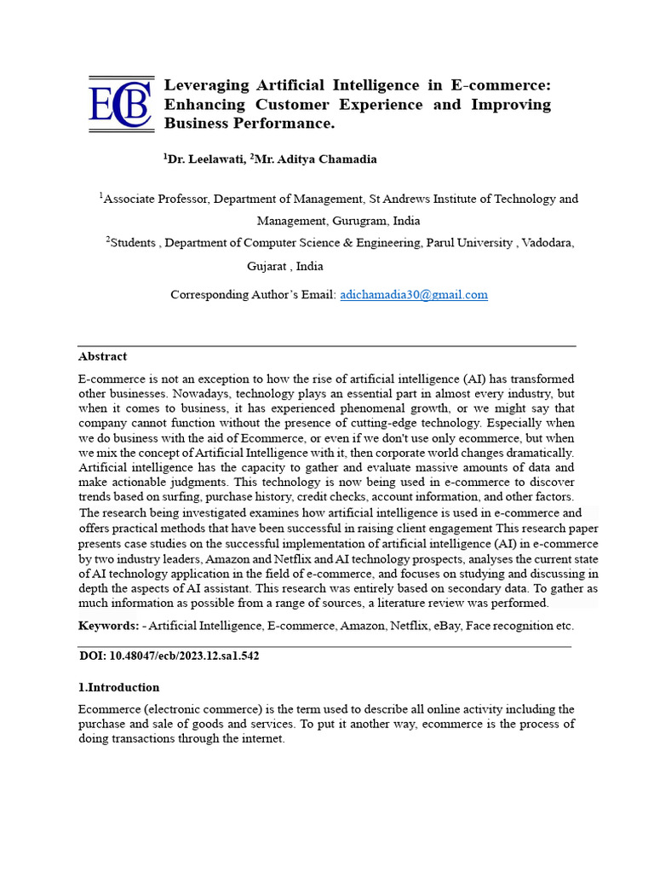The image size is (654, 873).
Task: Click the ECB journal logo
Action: coord(120,104)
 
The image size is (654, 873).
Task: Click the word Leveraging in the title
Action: coord(206,85)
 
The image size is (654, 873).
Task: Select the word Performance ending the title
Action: coord(287,124)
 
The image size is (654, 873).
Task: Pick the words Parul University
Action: coord(468,243)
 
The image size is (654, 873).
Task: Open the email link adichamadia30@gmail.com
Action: coord(414,295)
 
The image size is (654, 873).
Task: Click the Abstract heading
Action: coord(102,356)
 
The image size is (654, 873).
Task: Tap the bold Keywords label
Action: coord(108,626)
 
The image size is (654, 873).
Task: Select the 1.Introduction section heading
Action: coord(118,687)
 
